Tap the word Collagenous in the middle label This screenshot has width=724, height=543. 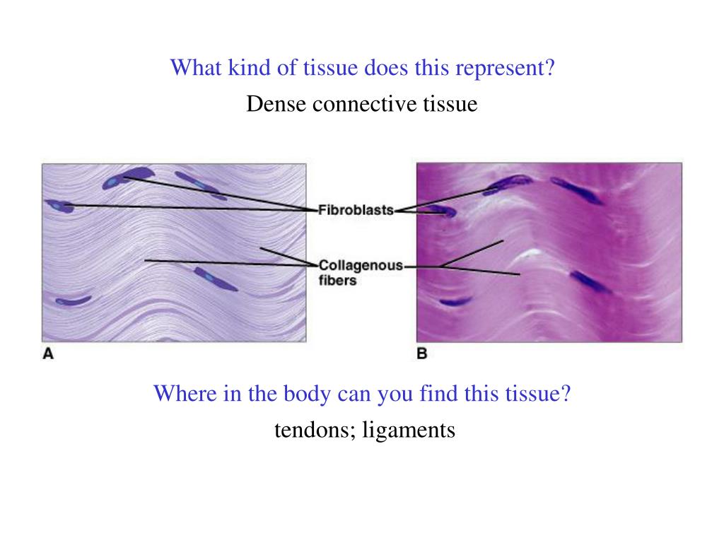click(x=361, y=266)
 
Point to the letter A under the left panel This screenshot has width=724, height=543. click(x=48, y=354)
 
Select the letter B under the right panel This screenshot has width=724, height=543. click(x=422, y=354)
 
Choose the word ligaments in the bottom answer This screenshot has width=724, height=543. click(x=408, y=429)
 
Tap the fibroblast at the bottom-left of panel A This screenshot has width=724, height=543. click(x=73, y=300)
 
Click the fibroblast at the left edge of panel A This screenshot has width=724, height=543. click(x=60, y=206)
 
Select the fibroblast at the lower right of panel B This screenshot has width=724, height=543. click(x=589, y=282)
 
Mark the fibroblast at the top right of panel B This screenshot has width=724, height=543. click(x=577, y=189)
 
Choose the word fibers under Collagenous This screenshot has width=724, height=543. click(x=337, y=280)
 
